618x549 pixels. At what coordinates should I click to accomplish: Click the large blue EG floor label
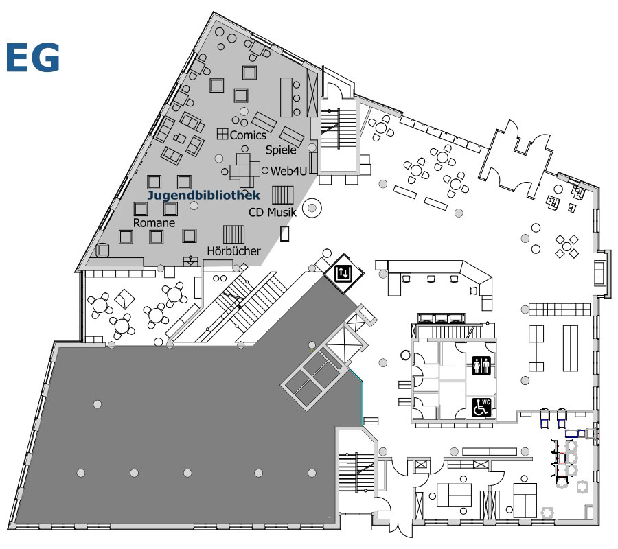pos(33,58)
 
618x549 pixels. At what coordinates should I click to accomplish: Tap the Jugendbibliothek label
pos(203,195)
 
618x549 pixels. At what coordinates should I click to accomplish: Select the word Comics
pos(248,135)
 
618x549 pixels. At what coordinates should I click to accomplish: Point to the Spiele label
pos(281,150)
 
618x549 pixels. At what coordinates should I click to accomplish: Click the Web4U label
pos(289,171)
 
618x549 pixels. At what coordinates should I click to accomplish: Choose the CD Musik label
pos(273,212)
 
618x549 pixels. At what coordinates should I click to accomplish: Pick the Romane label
pos(154,223)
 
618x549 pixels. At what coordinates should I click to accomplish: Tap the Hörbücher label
pos(233,251)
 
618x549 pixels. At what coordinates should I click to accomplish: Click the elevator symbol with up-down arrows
pos(343,273)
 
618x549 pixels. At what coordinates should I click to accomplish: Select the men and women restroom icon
pos(481,366)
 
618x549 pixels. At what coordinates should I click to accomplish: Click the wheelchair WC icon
pos(481,408)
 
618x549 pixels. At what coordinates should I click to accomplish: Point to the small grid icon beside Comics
pos(222,134)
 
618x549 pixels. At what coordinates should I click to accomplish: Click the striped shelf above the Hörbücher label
pos(233,234)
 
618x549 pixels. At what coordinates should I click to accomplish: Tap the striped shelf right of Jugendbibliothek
pos(283,195)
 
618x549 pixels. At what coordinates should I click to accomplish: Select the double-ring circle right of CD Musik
pos(312,207)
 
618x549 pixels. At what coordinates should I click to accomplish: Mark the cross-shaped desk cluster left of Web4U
pos(244,170)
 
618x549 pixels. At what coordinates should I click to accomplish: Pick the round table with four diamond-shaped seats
pos(566,246)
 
